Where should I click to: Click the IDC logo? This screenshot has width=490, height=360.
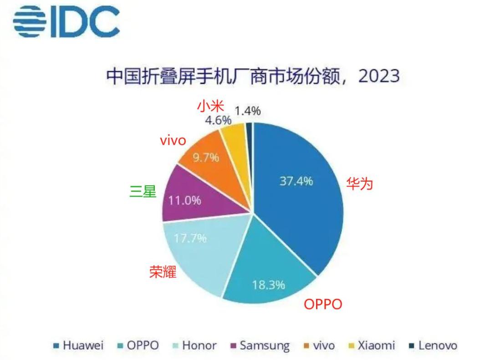tap(66, 21)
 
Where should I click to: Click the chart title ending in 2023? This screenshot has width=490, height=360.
tap(253, 76)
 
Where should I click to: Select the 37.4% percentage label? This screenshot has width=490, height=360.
tap(296, 181)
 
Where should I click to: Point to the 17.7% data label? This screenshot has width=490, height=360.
tap(190, 238)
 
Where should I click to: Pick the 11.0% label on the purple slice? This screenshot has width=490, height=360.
tap(185, 200)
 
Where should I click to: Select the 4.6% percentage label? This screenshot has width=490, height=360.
tap(218, 120)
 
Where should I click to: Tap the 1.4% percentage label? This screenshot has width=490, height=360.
tap(248, 110)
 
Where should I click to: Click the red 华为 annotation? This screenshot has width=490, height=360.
tap(360, 184)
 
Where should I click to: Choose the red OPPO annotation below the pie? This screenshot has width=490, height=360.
tap(323, 304)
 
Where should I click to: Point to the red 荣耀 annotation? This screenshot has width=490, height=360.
tap(163, 272)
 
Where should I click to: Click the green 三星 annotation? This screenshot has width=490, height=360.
tap(143, 192)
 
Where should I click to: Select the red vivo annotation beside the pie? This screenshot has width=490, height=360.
tap(173, 141)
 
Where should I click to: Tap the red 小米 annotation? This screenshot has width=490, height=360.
tap(210, 106)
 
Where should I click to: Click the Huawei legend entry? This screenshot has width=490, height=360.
tap(79, 345)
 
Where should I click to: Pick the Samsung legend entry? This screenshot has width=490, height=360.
tap(260, 345)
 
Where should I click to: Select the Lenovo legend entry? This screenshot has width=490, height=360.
tap(433, 345)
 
